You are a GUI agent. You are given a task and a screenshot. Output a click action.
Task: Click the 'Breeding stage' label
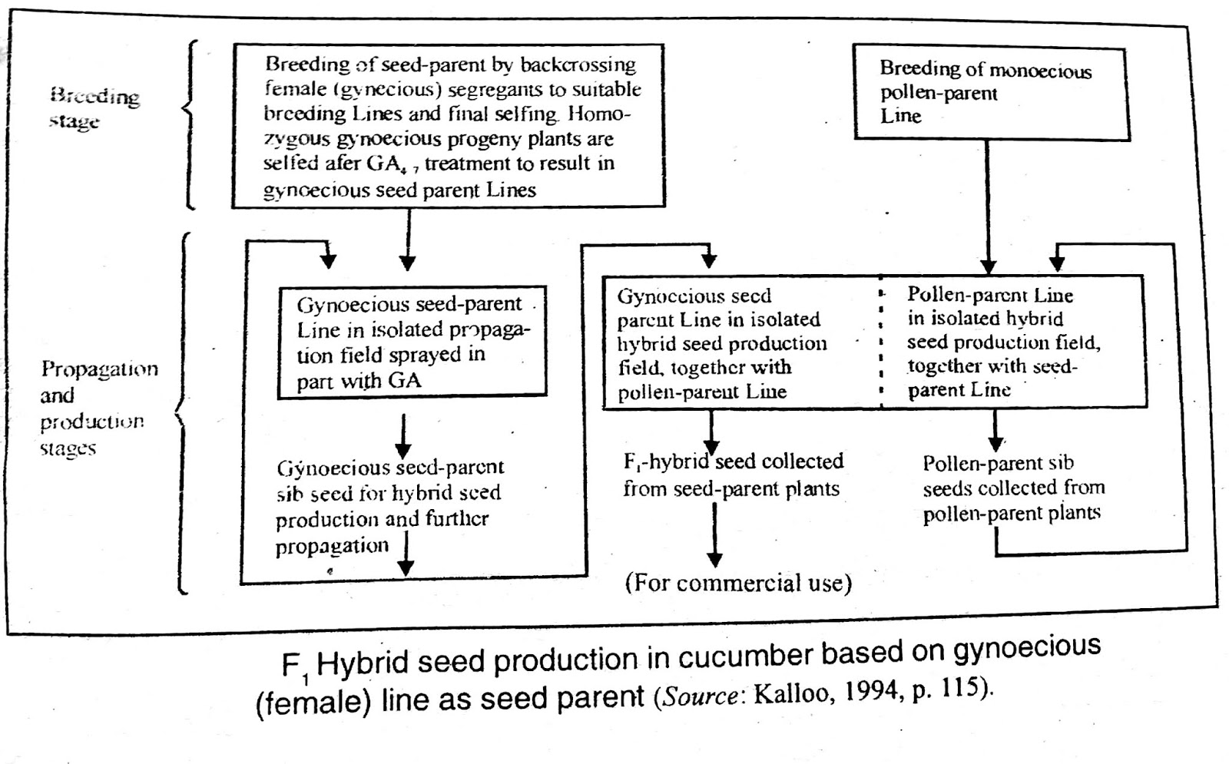click(94, 108)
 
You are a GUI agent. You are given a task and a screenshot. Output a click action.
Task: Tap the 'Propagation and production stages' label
click(98, 408)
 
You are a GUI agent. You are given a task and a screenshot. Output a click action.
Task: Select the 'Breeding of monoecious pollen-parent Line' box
click(991, 93)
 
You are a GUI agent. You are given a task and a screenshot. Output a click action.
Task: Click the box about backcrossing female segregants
click(449, 126)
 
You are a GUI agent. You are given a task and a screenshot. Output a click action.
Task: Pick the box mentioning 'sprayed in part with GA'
click(412, 342)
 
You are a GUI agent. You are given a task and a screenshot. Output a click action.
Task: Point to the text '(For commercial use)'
click(738, 583)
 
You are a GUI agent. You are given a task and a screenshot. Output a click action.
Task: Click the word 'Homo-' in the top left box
click(599, 114)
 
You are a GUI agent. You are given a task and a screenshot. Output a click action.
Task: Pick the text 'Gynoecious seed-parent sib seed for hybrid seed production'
click(389, 493)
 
